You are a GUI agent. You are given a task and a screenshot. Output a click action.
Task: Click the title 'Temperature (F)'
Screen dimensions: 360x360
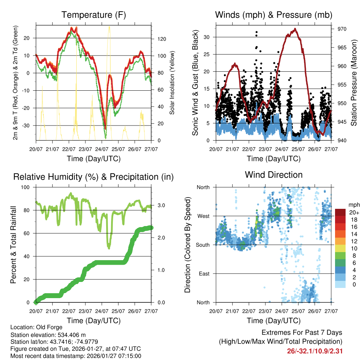[x=94, y=15]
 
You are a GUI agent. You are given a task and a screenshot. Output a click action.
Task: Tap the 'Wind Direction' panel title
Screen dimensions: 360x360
[x=274, y=175]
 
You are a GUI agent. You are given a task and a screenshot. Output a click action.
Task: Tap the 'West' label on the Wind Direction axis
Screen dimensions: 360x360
[x=203, y=216]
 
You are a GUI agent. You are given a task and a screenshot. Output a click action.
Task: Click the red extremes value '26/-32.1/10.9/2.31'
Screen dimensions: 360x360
[x=315, y=351]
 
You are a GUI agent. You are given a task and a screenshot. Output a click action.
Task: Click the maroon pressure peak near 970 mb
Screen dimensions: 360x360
[x=295, y=29]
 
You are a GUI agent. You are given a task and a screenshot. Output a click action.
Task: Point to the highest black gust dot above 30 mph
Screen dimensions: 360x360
[x=257, y=32]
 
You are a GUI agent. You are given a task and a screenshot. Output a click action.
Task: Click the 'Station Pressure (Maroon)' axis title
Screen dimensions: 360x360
[x=353, y=78]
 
